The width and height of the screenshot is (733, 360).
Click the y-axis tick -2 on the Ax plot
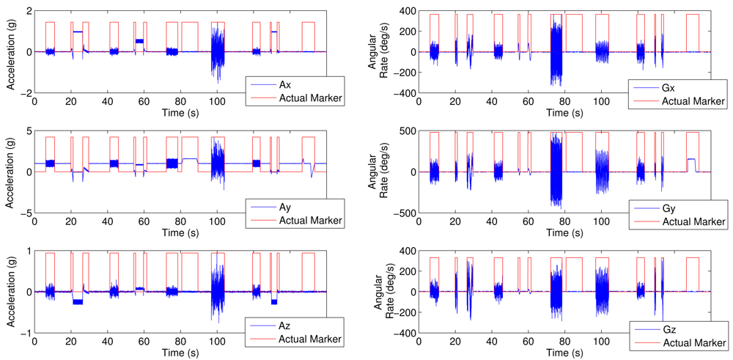pos(24,94)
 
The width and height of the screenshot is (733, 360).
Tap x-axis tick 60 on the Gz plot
pos(528,341)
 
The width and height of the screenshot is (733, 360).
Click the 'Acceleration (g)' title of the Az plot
pos(12,292)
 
